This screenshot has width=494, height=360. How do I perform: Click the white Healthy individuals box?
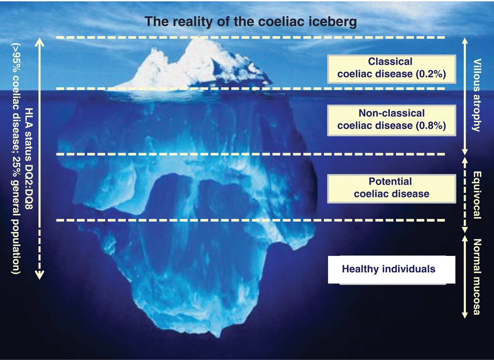[391, 269]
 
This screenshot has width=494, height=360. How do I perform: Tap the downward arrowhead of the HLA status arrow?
[40, 276]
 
